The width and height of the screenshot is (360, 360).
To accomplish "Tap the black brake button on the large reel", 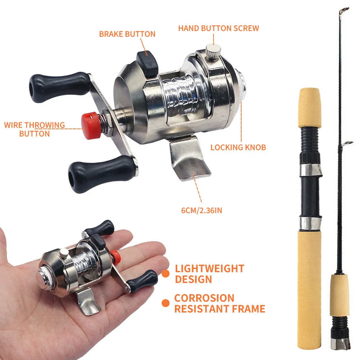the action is (147, 63).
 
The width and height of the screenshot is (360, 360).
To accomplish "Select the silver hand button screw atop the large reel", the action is (213, 52).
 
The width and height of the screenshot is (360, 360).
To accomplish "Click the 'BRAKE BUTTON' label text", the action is (127, 34).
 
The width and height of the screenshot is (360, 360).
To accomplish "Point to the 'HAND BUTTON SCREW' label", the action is (219, 28).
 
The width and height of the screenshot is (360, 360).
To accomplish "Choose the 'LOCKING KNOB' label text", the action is (238, 147).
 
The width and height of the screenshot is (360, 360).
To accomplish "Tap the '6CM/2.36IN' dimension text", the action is (202, 211).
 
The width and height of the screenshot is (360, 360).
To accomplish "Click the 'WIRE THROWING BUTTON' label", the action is (35, 130).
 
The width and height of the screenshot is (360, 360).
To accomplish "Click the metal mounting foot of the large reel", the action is (189, 158).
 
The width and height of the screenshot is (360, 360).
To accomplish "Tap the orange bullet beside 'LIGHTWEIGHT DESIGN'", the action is (166, 274).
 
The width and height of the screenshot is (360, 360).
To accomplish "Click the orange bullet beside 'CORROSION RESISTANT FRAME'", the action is (166, 303).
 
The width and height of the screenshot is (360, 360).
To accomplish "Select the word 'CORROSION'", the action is (204, 298).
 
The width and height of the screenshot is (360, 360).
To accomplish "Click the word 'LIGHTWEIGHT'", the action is (210, 269).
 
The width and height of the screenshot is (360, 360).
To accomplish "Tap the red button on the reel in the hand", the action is (116, 257).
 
